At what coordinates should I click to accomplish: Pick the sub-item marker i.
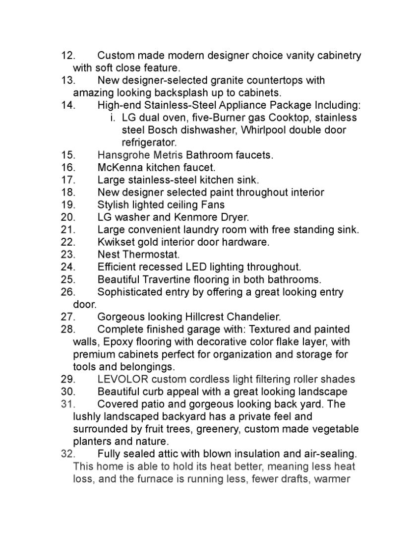click(x=113, y=118)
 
